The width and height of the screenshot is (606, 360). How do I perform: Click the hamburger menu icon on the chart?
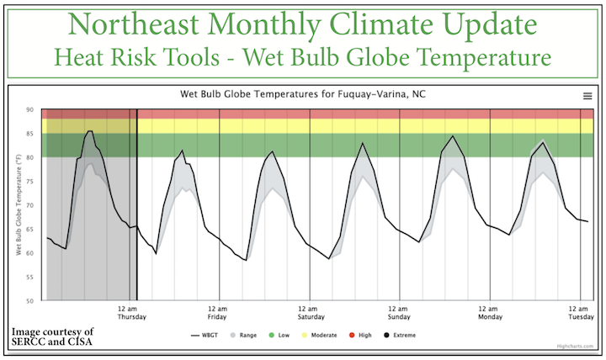587,96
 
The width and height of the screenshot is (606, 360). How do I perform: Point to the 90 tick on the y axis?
29,110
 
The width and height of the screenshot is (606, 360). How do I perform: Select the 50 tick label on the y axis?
29,300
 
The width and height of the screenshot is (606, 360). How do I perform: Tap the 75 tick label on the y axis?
29,182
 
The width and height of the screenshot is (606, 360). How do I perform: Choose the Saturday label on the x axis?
308,318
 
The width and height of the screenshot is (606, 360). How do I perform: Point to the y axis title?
16,204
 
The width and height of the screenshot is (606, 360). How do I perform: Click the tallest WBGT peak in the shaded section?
89,131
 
